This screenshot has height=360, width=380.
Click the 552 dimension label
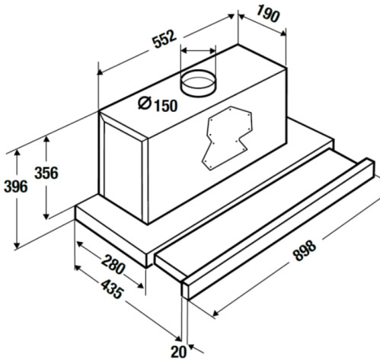[x=164, y=39]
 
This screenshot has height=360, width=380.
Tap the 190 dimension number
[x=267, y=14]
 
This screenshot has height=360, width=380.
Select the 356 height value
[x=46, y=173]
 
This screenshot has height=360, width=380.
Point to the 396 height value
[x=16, y=186]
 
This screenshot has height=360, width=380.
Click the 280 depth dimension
[x=113, y=265]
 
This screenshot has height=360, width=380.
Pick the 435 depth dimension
[x=112, y=289]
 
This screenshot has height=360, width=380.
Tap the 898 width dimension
[x=305, y=250]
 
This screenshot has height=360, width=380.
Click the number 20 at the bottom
[x=178, y=352]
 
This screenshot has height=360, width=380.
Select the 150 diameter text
[x=166, y=106]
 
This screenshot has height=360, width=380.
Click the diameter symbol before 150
[x=145, y=103]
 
